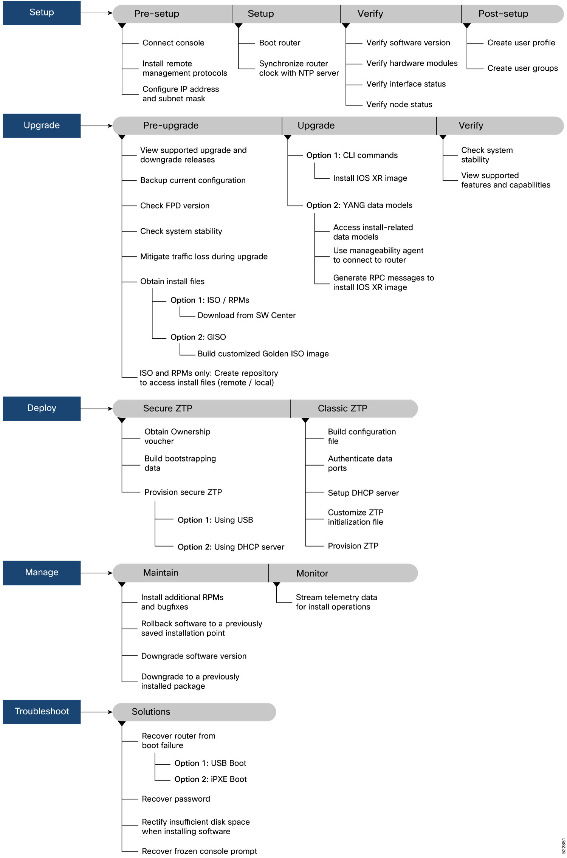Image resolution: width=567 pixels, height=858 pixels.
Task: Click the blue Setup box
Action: click(x=42, y=13)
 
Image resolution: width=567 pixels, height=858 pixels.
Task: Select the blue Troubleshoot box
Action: click(x=42, y=711)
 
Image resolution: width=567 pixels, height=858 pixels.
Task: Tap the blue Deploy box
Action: click(x=42, y=408)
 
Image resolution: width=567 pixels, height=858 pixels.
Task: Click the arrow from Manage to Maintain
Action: click(x=96, y=573)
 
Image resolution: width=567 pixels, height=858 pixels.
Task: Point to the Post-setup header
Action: click(x=503, y=14)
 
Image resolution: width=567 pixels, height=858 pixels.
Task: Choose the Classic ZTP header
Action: click(x=342, y=409)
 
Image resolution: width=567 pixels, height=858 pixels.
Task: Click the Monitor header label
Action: click(x=312, y=573)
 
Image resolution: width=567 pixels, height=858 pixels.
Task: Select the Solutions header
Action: click(x=151, y=712)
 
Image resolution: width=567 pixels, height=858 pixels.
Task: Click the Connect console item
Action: click(x=173, y=43)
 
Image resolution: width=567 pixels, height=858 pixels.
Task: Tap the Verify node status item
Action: click(x=399, y=105)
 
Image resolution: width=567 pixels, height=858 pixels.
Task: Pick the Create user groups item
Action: click(x=522, y=68)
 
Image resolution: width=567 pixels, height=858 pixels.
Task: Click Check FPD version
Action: click(x=175, y=206)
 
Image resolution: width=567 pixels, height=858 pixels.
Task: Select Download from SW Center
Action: click(x=246, y=316)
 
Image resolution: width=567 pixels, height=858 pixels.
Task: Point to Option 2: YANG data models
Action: click(x=359, y=206)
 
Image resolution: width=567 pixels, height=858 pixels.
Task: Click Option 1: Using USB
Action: click(x=215, y=520)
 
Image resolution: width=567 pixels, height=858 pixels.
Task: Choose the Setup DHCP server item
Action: click(x=363, y=493)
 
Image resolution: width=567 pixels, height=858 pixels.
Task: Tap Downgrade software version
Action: click(x=194, y=656)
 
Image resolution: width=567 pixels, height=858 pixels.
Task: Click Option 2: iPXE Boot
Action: click(x=210, y=779)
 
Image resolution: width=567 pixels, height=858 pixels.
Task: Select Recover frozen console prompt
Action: click(x=199, y=851)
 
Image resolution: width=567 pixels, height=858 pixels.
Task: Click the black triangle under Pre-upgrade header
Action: click(x=122, y=137)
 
